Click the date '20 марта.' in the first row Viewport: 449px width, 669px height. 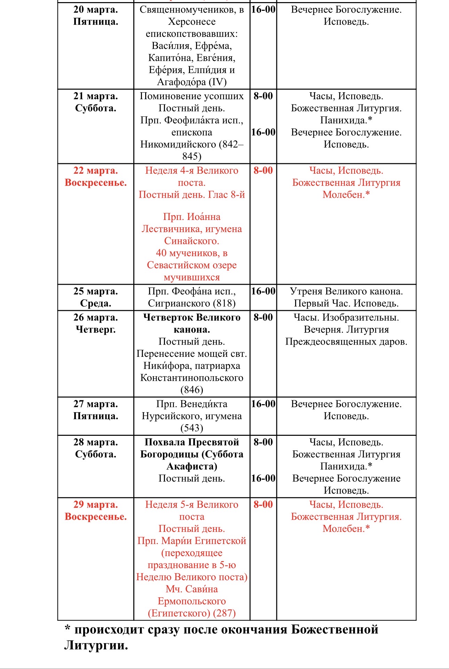95,10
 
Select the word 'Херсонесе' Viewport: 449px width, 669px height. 192,22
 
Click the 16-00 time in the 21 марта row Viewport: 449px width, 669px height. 263,132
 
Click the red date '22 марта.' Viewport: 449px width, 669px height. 95,171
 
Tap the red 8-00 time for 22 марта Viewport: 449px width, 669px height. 263,171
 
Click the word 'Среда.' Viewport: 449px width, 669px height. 95,304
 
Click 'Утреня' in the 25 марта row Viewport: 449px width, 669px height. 306,291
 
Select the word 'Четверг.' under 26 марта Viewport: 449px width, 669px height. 95,329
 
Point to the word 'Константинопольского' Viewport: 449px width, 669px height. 192,378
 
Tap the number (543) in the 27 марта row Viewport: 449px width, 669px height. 192,428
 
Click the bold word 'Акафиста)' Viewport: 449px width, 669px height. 192,466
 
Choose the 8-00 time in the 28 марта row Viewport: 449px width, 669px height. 263,442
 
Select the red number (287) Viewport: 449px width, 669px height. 224,613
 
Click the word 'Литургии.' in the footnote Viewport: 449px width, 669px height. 96,646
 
